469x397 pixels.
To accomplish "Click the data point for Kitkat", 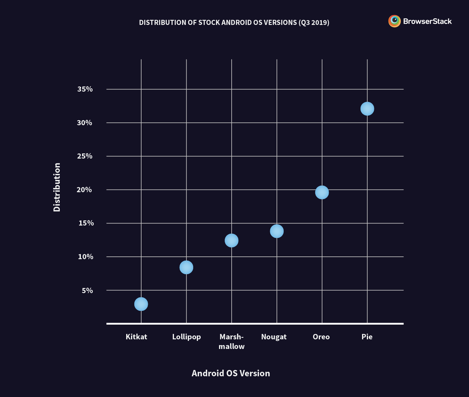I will coord(141,304).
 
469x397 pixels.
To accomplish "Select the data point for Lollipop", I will coord(186,267).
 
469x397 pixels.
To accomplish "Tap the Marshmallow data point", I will coord(231,240).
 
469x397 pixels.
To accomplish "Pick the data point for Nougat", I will coord(277,231).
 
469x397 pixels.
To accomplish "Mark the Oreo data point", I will coord(322,192).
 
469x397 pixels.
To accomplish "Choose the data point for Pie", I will coord(367,108).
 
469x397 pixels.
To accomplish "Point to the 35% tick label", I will coord(85,89).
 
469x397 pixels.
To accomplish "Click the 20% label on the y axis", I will coord(84,190).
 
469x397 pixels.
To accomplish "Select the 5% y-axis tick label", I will coord(87,290).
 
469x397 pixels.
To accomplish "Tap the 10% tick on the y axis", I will coord(85,257).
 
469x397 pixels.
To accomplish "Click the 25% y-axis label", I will coord(85,156).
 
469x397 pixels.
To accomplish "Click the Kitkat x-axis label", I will coord(136,337).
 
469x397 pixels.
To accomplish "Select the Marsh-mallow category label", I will coord(231,342).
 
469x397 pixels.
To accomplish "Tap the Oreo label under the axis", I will coord(321,337).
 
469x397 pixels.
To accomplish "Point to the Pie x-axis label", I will coord(367,337).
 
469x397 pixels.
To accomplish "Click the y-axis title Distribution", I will coord(57,187).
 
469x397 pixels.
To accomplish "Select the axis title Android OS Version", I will coord(231,373).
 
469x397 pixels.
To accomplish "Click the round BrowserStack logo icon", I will coord(394,21).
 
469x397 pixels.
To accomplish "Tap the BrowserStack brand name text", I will coord(427,21).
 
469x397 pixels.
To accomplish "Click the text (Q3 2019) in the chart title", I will coord(314,23).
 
